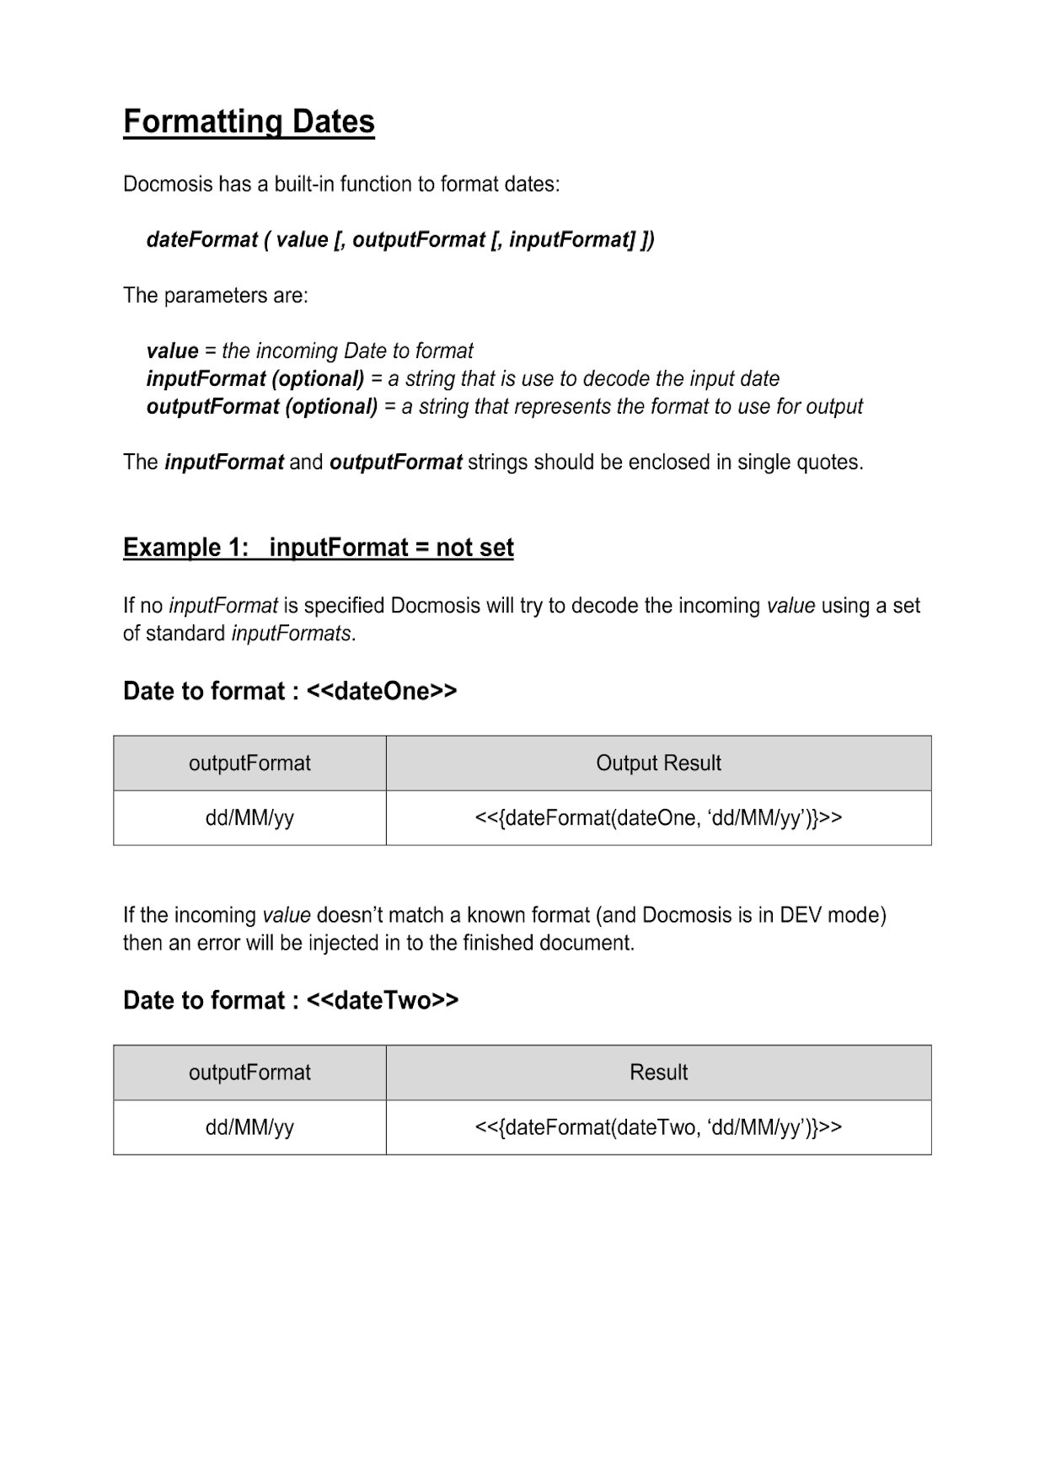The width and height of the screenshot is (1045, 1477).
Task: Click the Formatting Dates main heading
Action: point(249,122)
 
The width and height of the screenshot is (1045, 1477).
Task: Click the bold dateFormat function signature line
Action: point(400,240)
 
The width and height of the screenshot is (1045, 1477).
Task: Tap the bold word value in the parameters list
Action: point(173,351)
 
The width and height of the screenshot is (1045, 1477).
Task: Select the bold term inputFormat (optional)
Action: point(255,378)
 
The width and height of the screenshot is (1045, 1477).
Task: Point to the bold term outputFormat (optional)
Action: point(262,406)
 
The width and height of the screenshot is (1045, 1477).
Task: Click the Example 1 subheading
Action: point(318,548)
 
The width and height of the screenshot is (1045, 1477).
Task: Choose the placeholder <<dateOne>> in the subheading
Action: point(382,691)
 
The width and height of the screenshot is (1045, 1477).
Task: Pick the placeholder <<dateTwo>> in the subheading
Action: point(383,1000)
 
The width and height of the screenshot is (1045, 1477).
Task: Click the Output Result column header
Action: point(658,763)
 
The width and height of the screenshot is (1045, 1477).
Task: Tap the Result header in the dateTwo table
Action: point(658,1073)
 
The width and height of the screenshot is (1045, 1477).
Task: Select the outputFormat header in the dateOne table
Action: point(249,763)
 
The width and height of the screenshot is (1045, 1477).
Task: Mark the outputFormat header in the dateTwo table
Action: point(249,1073)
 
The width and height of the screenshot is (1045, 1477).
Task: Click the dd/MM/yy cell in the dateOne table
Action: point(249,818)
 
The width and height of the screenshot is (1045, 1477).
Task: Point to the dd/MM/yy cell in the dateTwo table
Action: point(249,1127)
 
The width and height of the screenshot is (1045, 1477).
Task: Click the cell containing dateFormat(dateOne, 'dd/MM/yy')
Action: point(658,818)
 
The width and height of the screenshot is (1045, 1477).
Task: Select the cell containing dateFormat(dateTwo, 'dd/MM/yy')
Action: point(658,1127)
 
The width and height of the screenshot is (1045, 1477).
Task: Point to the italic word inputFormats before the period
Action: point(291,634)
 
